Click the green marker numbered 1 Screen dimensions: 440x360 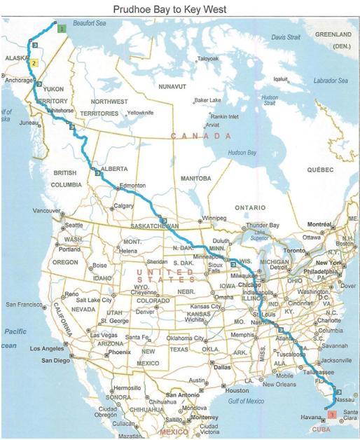pyautogui.click(x=62, y=29)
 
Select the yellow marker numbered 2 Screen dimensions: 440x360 pyautogui.click(x=33, y=63)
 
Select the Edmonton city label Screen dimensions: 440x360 pyautogui.click(x=132, y=186)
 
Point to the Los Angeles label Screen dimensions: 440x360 pyautogui.click(x=47, y=348)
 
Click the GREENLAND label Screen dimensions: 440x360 pyautogui.click(x=332, y=34)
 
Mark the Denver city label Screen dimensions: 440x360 pyautogui.click(x=145, y=311)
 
